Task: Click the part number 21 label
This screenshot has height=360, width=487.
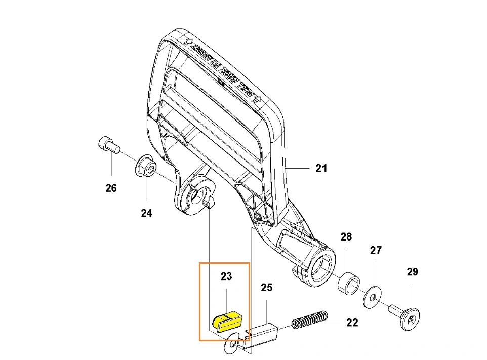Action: (x=321, y=168)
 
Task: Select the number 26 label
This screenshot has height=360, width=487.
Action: (x=111, y=188)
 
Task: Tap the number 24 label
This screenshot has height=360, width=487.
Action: (x=146, y=213)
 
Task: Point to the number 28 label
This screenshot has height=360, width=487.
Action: (x=346, y=236)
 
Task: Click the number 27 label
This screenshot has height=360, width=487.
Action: (x=376, y=250)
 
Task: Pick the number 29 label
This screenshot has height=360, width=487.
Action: (x=412, y=272)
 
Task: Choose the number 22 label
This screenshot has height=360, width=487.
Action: (x=352, y=322)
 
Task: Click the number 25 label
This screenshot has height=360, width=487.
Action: (x=266, y=288)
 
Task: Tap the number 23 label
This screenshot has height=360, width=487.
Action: (x=226, y=276)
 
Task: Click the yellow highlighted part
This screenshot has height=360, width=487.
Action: (x=229, y=320)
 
